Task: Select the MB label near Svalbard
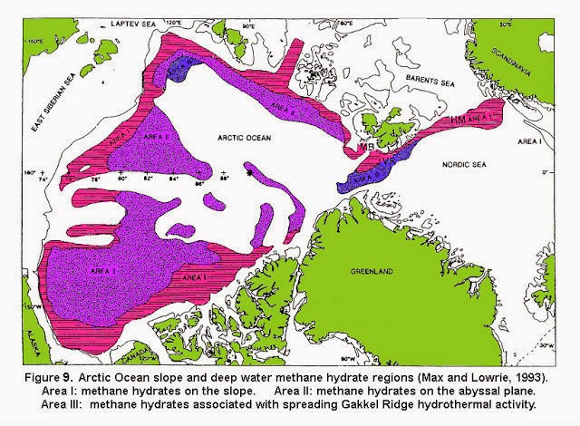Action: pyautogui.click(x=366, y=147)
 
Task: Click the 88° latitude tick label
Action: pyautogui.click(x=224, y=179)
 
